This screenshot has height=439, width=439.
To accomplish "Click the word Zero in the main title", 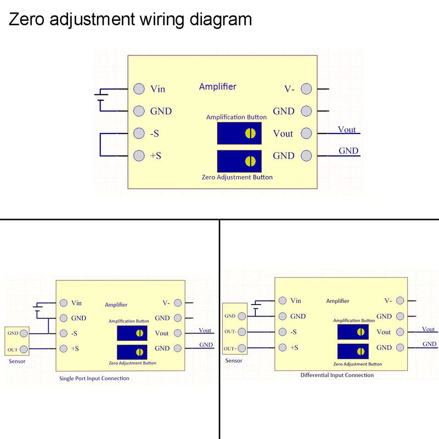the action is tap(26, 19).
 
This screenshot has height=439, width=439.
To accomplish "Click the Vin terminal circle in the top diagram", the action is tap(139, 89).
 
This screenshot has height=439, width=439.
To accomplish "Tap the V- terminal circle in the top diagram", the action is tap(306, 89).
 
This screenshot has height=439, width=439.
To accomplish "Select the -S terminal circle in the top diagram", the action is tap(139, 133).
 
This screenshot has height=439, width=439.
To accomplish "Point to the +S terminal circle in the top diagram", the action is tap(139, 156).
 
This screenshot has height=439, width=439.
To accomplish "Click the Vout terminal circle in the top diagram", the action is tap(306, 133).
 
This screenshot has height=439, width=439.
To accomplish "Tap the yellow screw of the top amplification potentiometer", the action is tap(250, 133).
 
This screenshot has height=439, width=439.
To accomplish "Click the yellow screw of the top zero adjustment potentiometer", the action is tap(250, 161).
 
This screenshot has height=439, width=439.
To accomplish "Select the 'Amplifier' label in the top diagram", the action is tap(217, 87).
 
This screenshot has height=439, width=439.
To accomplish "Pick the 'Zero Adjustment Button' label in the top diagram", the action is tap(237, 177).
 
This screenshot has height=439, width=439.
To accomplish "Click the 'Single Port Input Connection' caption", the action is tap(94, 378).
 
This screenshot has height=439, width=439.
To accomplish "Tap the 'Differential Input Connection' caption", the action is tap(337, 375).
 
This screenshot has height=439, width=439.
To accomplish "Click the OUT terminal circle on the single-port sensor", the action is tap(24, 349).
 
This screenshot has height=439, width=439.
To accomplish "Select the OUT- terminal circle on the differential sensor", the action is tap(242, 332).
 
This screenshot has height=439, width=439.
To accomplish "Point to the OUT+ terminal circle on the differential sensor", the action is tap(242, 348).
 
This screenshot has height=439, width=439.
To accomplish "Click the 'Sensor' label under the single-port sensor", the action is tap(17, 361).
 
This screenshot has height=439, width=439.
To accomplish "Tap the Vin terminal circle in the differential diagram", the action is tap(283, 300).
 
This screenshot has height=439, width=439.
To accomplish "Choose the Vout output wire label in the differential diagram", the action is tap(429, 329).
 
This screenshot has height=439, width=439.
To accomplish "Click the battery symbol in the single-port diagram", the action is tap(37, 308).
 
